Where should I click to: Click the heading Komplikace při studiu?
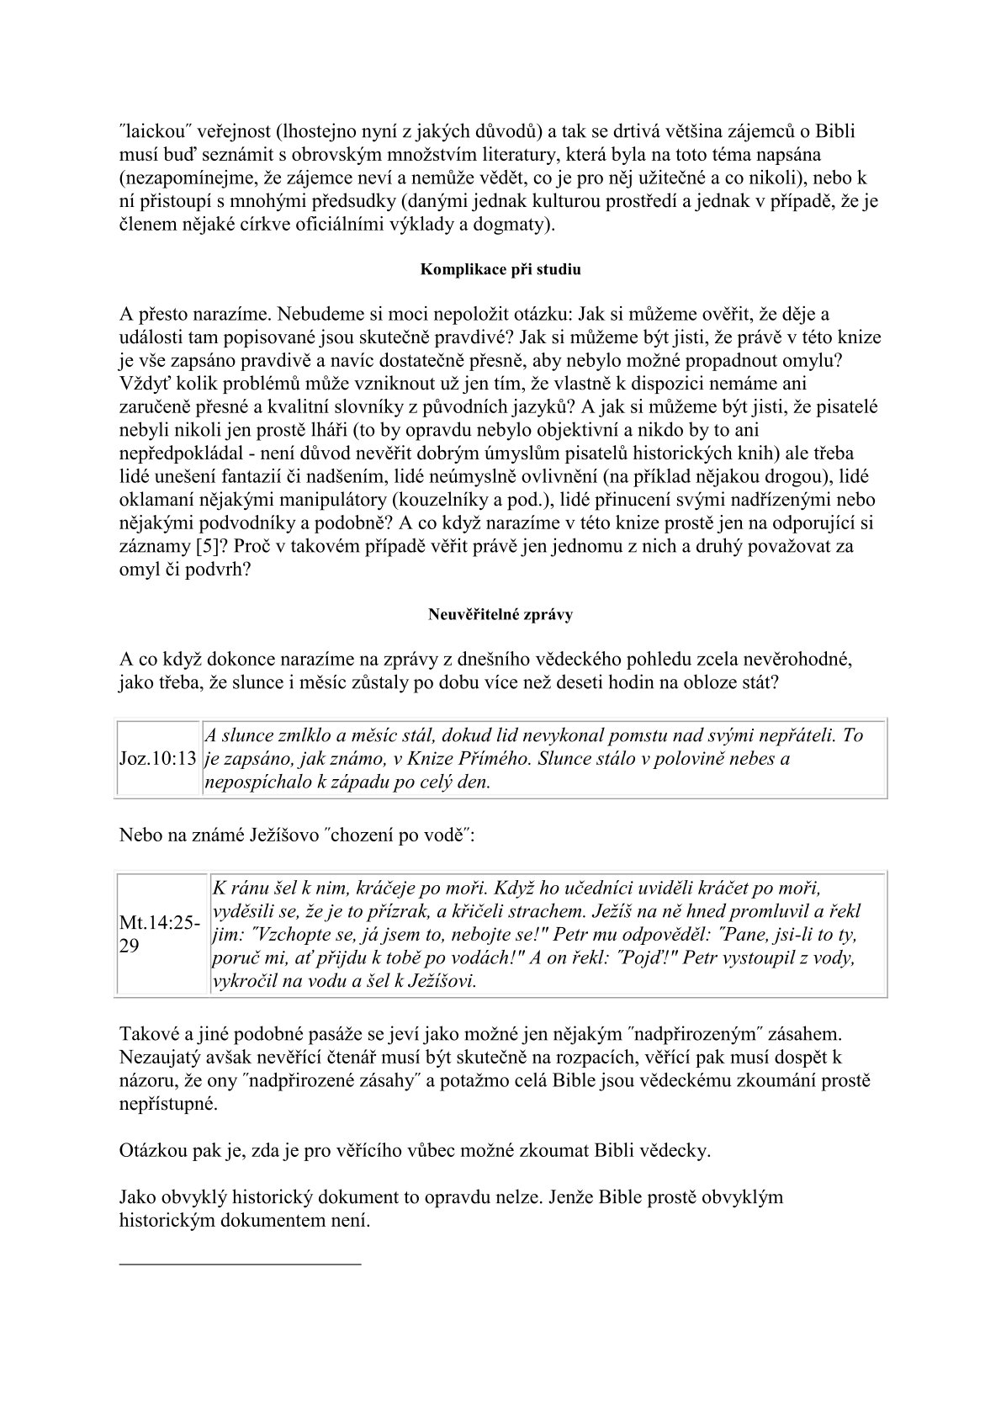coord(500,270)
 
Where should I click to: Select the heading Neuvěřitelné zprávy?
coord(500,614)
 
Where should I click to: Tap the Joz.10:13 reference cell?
coord(159,759)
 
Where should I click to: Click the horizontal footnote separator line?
coord(240,1263)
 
